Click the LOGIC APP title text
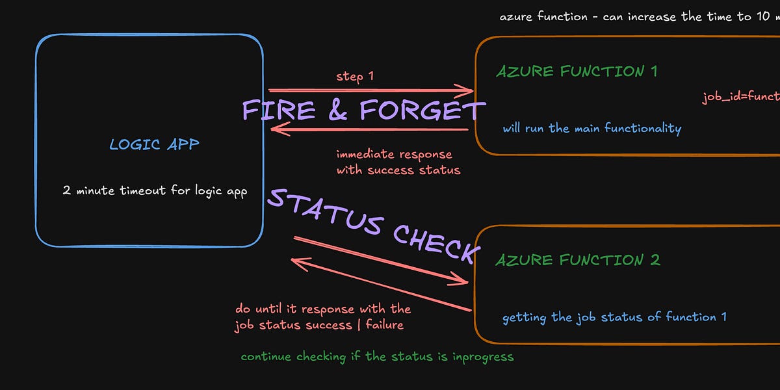(154, 144)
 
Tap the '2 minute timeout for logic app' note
(155, 191)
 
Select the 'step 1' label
(354, 77)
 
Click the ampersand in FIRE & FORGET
(338, 111)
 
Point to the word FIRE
(279, 111)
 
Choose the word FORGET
(421, 111)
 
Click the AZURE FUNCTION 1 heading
(577, 71)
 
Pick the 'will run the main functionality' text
(591, 128)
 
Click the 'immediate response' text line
(394, 155)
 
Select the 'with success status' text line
(398, 170)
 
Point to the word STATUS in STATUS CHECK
(325, 211)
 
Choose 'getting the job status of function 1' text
(614, 317)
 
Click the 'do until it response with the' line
(323, 309)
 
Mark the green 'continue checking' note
(377, 357)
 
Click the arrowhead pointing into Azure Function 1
(467, 90)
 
